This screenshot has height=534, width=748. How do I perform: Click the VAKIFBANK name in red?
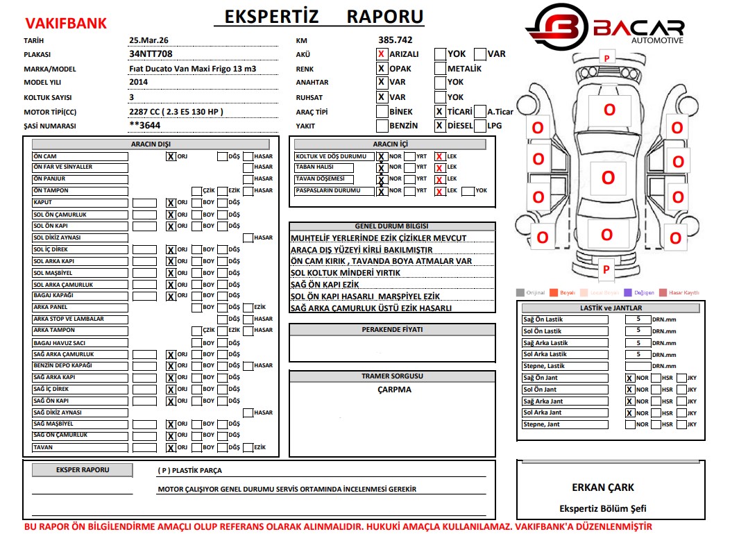(65, 24)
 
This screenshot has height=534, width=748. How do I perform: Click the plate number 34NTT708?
(151, 53)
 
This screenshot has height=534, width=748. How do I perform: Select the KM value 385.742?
(395, 40)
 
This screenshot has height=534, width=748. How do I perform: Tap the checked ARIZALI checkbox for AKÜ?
(382, 54)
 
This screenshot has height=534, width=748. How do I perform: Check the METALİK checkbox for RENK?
(440, 69)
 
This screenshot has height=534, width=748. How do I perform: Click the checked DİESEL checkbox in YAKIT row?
(439, 126)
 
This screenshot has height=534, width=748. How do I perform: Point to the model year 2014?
(138, 83)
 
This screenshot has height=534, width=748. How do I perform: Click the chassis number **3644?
(146, 126)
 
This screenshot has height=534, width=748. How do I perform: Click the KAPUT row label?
(80, 203)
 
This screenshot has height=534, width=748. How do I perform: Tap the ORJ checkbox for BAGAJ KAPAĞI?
(170, 297)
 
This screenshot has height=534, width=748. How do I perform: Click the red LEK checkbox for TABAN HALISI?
(439, 167)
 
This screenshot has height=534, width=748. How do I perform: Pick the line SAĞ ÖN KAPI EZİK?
(325, 285)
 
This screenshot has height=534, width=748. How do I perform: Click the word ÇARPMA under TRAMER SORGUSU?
(394, 390)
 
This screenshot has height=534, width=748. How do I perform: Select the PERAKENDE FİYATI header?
(392, 330)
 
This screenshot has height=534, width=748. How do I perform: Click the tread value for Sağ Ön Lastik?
(638, 319)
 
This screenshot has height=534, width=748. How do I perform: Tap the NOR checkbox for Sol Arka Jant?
(630, 413)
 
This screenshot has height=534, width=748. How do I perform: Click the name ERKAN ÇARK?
(602, 487)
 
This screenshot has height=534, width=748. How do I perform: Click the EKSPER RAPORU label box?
(82, 470)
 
